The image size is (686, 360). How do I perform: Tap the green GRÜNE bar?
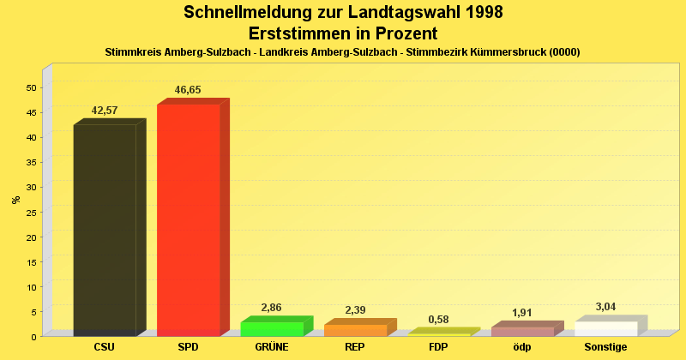tap(271, 328)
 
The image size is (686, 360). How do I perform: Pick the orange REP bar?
tap(355, 330)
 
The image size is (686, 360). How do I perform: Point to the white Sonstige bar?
tap(606, 328)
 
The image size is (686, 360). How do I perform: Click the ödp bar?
tap(522, 331)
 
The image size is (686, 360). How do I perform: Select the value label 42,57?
tap(105, 111)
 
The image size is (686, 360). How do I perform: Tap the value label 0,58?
tap(438, 320)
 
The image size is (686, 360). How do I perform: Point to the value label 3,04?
tap(606, 307)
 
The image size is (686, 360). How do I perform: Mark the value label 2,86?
tap(271, 308)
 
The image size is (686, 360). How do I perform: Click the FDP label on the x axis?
tap(438, 347)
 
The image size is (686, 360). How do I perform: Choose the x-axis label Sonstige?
tap(606, 347)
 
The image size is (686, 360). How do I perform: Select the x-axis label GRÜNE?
tap(271, 347)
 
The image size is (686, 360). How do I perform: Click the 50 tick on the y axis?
tap(30, 87)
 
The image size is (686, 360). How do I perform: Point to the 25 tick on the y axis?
tap(30, 212)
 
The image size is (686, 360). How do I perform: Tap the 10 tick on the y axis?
tap(30, 286)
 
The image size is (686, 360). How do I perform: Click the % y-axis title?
tap(15, 200)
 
